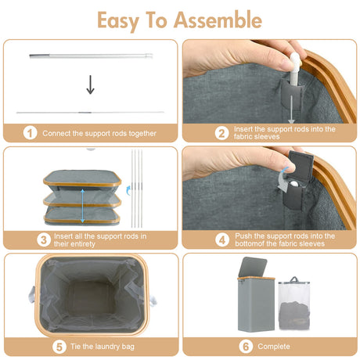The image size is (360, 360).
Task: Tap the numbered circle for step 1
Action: (x=29, y=133)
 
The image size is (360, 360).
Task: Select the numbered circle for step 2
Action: (x=200, y=133)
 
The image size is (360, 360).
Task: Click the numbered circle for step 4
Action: (x=200, y=239)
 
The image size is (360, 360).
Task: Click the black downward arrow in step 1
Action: (x=90, y=85)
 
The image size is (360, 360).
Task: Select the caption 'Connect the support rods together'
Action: (x=99, y=133)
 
